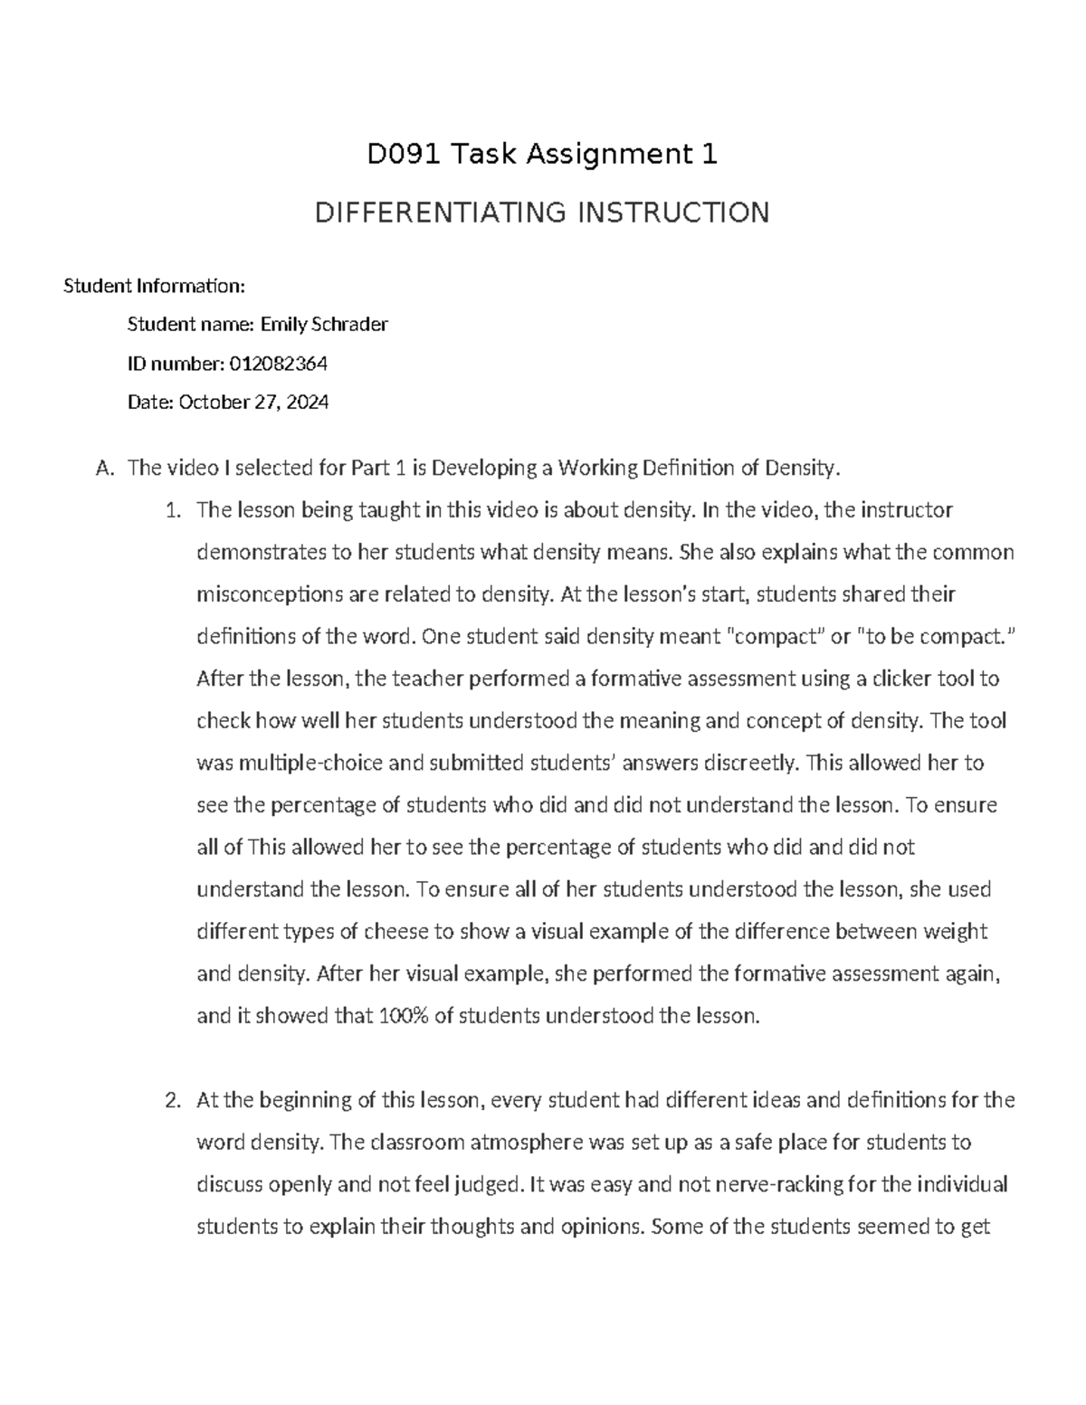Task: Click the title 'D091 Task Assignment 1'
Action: click(x=541, y=156)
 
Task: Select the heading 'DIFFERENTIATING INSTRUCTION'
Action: click(x=541, y=213)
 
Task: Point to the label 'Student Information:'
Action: click(x=154, y=287)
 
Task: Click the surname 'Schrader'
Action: click(x=349, y=325)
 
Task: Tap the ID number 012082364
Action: click(x=279, y=364)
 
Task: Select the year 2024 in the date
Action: click(x=307, y=403)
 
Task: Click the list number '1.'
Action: click(x=173, y=510)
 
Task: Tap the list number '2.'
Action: click(x=173, y=1100)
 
